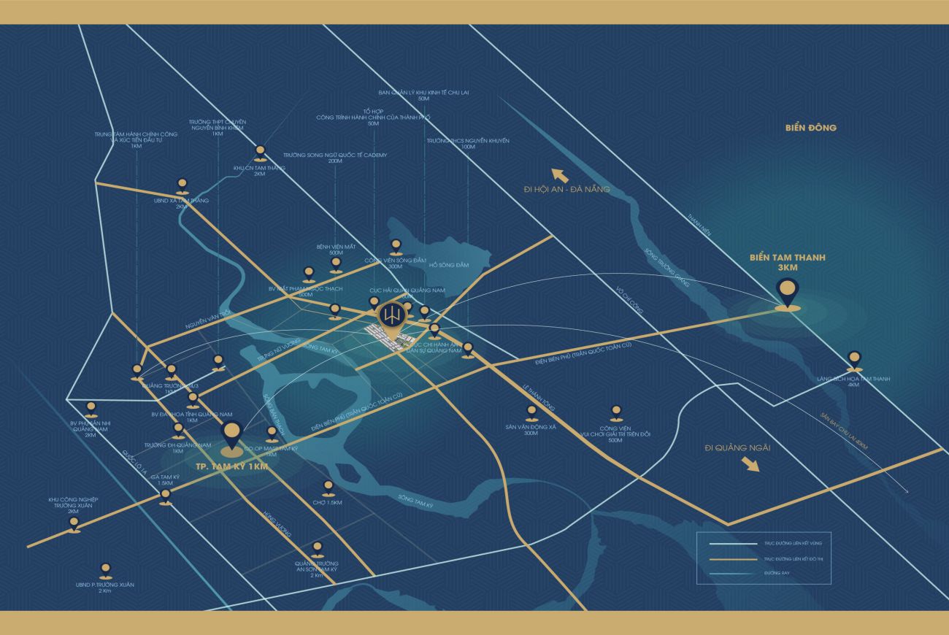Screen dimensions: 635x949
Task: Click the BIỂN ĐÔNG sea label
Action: [811, 128]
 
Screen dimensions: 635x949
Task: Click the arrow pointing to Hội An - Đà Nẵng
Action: [560, 175]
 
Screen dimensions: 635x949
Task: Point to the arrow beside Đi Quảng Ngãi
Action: [749, 464]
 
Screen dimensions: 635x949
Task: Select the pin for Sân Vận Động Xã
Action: [531, 412]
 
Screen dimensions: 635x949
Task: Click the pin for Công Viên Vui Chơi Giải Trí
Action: [615, 412]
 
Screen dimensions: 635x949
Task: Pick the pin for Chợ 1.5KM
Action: [328, 487]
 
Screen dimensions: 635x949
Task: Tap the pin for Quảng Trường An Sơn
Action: [317, 547]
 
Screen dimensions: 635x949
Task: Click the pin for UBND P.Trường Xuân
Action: [105, 569]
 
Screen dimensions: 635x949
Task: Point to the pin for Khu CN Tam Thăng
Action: [261, 153]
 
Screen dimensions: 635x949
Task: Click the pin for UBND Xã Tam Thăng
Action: [182, 185]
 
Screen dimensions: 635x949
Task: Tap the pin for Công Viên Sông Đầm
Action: [396, 246]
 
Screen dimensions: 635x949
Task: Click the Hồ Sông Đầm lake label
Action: [449, 265]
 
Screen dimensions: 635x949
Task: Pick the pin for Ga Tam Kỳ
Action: [166, 496]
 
